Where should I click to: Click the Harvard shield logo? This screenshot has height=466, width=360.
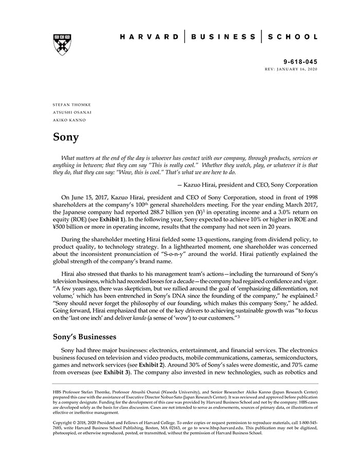(x=62, y=45)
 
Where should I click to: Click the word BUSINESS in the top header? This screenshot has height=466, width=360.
(x=223, y=37)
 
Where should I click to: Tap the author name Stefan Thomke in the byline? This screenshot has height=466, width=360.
(x=72, y=104)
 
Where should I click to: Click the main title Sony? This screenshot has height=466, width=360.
(x=66, y=137)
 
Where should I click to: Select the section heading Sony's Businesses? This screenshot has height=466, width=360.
(x=84, y=337)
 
